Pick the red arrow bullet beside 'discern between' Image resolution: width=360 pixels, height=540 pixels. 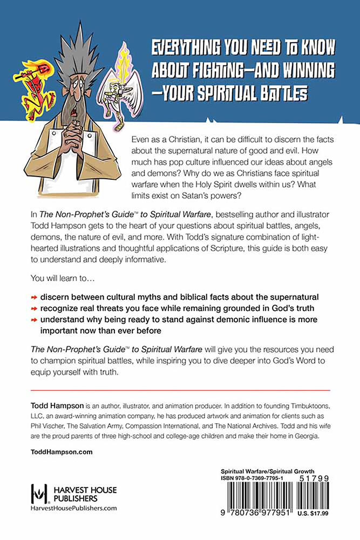pos(33,298)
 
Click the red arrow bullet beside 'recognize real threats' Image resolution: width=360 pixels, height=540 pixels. pos(33,308)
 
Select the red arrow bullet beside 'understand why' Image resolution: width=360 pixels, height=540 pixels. pos(33,320)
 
